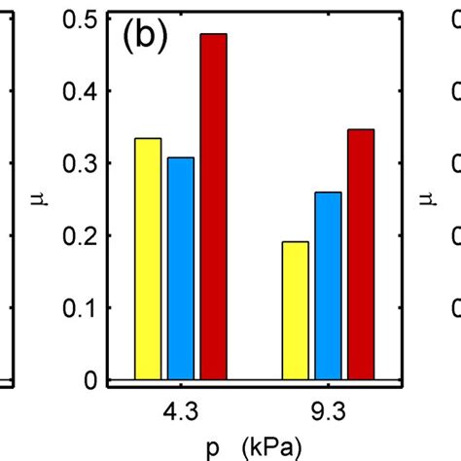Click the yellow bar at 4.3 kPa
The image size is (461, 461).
tap(148, 259)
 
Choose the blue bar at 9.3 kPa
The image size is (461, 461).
tap(328, 286)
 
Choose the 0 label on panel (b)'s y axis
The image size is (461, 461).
tap(89, 381)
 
